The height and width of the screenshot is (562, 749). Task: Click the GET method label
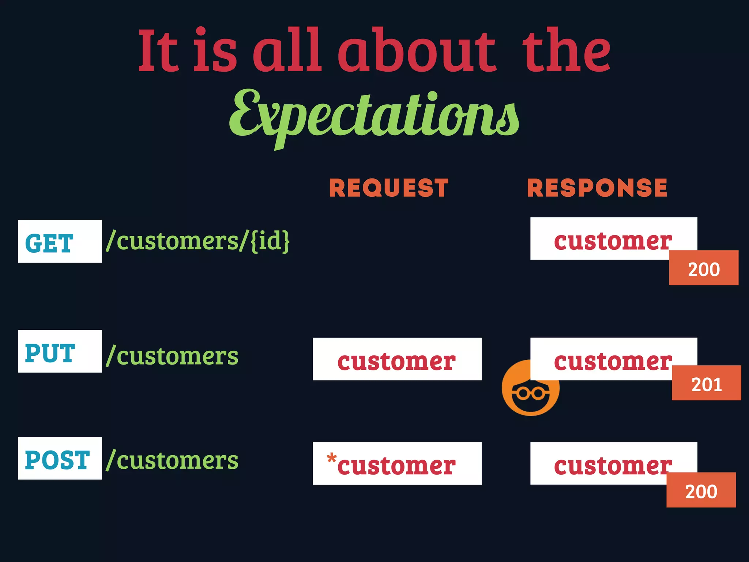click(x=60, y=242)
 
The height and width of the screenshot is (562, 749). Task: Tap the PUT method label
click(x=60, y=351)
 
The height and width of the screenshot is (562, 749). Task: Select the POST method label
click(x=60, y=459)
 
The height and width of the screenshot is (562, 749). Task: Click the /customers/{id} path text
click(x=198, y=241)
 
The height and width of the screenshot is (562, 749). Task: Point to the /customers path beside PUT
click(x=172, y=356)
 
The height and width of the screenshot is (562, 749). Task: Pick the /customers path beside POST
click(x=172, y=460)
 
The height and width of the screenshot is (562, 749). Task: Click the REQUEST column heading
click(x=389, y=188)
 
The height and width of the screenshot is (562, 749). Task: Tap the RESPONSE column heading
click(x=597, y=188)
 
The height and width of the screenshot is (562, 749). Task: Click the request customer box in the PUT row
click(x=397, y=359)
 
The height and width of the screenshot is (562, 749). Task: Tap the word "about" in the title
click(x=417, y=51)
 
